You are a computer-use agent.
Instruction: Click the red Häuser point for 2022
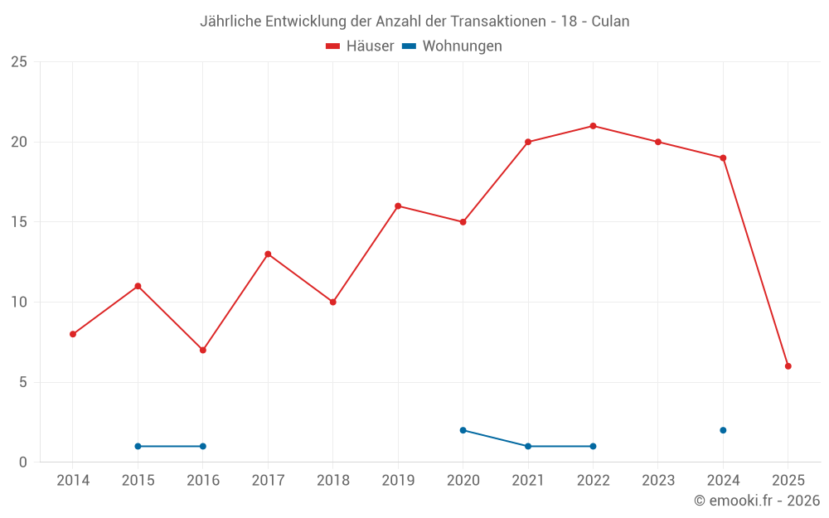[x=593, y=126]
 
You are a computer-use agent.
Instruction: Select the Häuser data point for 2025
[x=788, y=366]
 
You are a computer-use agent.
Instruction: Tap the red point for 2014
[x=73, y=334]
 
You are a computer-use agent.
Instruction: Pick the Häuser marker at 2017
[x=268, y=254]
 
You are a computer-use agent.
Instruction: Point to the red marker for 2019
[x=398, y=206]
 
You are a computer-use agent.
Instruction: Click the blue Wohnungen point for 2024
[x=723, y=430]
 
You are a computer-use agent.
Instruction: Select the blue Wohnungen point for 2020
[x=463, y=430]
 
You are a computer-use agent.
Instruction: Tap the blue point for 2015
[x=138, y=446]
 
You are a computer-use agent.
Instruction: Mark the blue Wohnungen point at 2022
[x=593, y=446]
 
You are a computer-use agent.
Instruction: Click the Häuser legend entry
[x=360, y=46]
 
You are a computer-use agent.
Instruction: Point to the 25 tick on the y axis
[x=19, y=62]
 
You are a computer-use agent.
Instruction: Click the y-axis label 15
[x=19, y=222]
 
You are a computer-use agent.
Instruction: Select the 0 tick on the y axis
[x=23, y=462]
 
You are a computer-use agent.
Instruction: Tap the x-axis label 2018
[x=332, y=481]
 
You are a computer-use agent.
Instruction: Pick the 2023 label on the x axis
[x=658, y=481]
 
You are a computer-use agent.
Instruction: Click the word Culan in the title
[x=610, y=22]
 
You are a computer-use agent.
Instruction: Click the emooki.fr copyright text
[x=756, y=501]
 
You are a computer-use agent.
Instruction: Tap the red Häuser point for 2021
[x=528, y=142]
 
